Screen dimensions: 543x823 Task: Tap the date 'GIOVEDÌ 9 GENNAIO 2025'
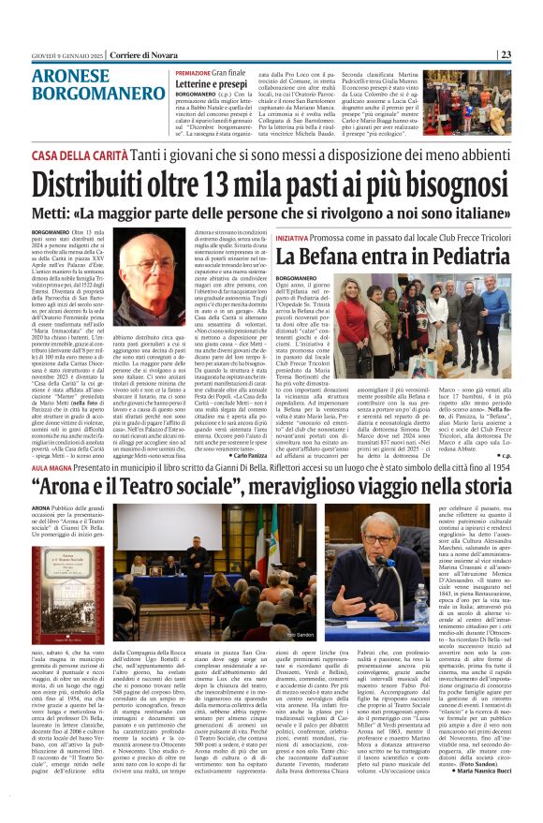[x=64, y=55]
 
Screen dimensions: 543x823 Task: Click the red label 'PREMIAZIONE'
[x=193, y=72]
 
